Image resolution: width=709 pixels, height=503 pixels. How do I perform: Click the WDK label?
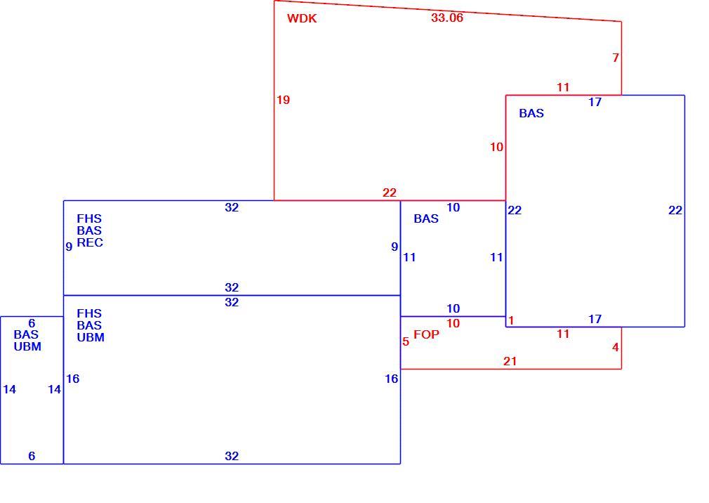click(302, 18)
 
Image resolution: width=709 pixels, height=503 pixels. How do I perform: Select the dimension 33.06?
click(447, 18)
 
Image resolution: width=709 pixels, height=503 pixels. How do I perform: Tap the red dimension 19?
click(283, 100)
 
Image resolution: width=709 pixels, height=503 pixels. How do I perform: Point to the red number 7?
click(616, 58)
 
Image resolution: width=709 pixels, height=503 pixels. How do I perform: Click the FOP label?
click(426, 334)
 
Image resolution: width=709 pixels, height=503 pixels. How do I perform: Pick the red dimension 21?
click(510, 361)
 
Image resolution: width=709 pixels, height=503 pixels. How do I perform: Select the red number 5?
click(406, 341)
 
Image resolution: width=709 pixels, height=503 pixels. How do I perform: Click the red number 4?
click(616, 348)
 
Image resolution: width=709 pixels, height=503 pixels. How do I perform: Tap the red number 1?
click(511, 321)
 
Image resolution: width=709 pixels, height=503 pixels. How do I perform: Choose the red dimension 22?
click(390, 192)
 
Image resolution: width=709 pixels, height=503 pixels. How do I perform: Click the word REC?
click(90, 242)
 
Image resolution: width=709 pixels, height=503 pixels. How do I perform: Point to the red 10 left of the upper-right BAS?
click(496, 147)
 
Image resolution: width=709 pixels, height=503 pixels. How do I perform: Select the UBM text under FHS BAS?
click(91, 337)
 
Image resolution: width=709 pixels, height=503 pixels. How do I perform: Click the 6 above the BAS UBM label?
click(32, 323)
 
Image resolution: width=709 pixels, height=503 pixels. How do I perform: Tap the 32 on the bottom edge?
click(232, 456)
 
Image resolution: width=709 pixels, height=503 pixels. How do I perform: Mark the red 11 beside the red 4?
click(563, 334)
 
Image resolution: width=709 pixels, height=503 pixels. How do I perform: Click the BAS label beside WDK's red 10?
click(531, 113)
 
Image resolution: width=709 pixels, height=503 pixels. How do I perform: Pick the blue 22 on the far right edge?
click(675, 210)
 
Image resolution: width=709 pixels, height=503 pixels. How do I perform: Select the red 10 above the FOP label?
click(453, 323)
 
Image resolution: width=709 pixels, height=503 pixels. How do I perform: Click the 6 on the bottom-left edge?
click(32, 456)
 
